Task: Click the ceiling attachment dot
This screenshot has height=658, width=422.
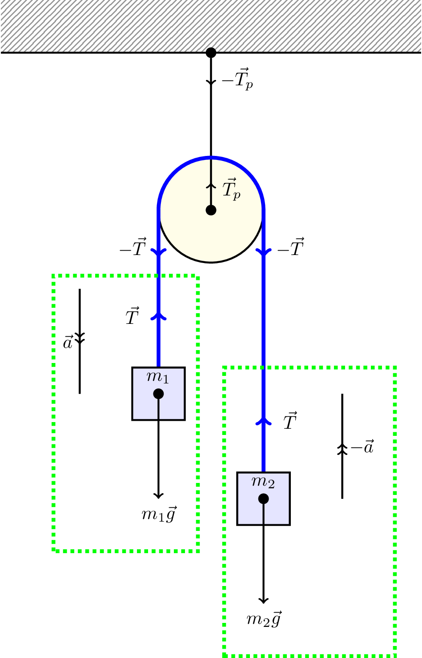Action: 211,53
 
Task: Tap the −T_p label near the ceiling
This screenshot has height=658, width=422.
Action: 237,80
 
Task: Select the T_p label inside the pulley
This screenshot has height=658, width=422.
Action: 231,190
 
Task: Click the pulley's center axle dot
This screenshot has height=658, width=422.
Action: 211,210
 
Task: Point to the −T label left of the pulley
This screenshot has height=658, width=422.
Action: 133,248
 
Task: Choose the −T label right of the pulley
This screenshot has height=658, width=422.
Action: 290,247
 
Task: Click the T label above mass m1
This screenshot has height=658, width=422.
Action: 133,317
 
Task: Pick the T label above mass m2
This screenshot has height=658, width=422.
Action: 290,421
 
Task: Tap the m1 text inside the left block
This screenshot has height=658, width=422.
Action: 158,377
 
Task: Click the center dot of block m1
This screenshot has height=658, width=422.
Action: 158,394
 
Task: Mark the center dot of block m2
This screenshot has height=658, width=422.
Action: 263,498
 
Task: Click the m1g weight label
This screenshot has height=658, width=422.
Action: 159,514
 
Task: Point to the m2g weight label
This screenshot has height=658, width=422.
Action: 264,619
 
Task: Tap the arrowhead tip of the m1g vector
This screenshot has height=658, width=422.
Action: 158,498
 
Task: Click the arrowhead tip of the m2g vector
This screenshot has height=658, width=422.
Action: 263,603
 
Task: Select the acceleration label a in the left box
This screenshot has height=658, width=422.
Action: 68,343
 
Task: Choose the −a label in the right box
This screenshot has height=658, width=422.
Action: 362,447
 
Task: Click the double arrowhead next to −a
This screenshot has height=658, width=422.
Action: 342,449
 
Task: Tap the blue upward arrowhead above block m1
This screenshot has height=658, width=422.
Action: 158,315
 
